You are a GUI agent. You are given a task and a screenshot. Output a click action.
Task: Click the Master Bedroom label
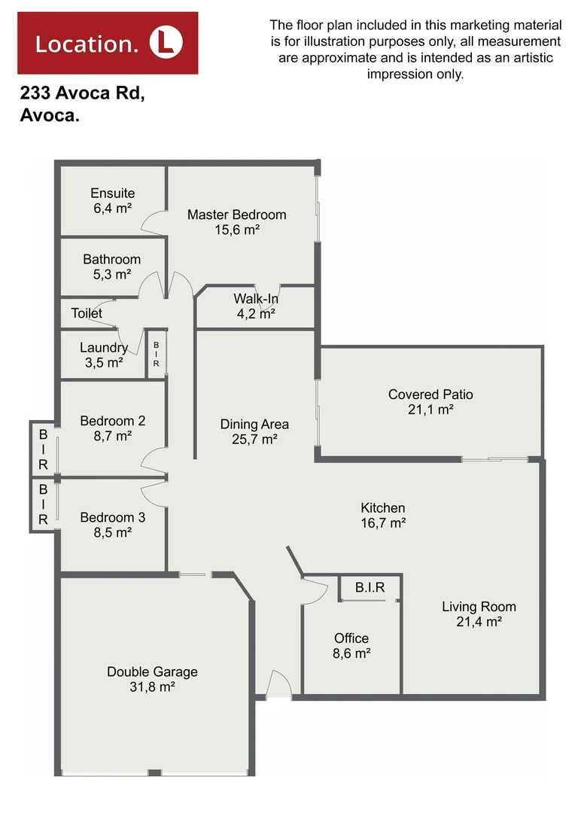(236, 215)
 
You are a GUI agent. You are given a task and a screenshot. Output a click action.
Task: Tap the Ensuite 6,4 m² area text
(112, 208)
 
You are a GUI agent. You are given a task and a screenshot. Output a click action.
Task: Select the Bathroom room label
(111, 260)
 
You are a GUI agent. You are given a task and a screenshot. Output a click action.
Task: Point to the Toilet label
(87, 313)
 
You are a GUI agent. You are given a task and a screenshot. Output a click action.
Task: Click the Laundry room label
(104, 348)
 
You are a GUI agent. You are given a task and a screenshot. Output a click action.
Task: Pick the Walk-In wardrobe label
(256, 300)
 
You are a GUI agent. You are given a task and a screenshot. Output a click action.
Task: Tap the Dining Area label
(254, 425)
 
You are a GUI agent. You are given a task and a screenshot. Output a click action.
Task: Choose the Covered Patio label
(430, 394)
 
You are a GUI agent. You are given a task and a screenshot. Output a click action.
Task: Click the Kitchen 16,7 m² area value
(383, 522)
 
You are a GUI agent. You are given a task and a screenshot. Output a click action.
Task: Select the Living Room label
(479, 607)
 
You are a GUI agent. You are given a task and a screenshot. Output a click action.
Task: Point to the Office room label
(351, 638)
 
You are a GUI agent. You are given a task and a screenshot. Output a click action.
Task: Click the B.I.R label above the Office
(370, 587)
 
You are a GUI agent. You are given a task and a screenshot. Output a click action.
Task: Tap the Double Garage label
(152, 671)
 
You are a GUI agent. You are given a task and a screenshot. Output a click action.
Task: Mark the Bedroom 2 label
(112, 421)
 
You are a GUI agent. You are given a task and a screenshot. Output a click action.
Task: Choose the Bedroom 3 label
(112, 518)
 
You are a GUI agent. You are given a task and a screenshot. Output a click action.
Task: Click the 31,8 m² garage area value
(152, 687)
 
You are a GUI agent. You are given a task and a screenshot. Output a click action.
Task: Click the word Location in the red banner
(87, 44)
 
